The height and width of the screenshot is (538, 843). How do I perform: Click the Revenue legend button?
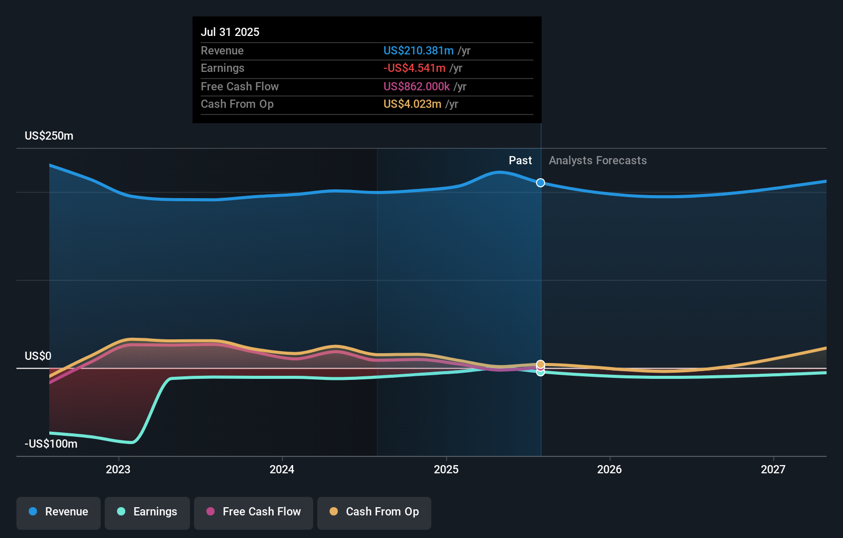[59, 512]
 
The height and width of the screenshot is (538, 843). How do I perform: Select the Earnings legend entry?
[147, 512]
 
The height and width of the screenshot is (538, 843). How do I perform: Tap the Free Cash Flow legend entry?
[254, 512]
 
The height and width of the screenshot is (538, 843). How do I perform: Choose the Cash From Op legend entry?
[374, 512]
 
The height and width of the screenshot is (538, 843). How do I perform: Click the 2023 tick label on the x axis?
[118, 469]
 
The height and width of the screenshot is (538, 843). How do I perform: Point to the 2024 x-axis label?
[282, 469]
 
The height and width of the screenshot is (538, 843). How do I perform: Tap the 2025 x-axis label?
[446, 469]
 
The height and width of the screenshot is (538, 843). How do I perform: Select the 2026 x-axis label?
[609, 469]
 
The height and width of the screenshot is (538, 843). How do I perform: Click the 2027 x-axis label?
[773, 469]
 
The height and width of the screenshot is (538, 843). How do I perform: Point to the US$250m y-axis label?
[49, 136]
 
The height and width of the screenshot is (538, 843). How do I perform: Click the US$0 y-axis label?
[38, 356]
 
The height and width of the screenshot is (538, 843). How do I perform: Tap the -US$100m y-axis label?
[51, 444]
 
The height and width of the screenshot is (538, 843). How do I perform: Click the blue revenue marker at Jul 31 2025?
[541, 183]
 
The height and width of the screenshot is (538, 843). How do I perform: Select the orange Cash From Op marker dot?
[541, 364]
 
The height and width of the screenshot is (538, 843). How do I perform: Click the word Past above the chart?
[520, 161]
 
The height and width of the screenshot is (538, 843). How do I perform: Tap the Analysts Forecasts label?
[598, 161]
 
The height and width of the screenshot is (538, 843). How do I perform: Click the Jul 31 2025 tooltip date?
[230, 32]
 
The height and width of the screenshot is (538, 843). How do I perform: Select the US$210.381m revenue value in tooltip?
[418, 51]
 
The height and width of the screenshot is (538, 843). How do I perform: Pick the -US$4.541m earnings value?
[414, 68]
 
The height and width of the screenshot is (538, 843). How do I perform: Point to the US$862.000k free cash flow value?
[416, 87]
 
